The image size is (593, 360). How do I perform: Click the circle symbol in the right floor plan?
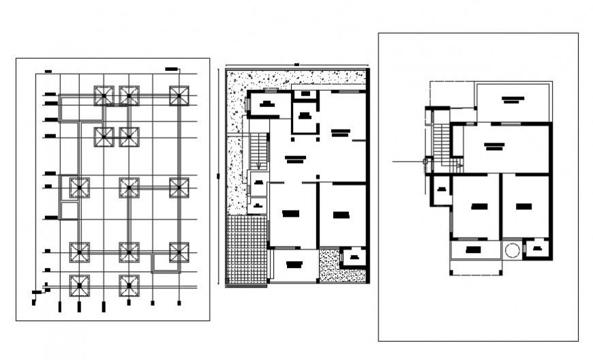pyautogui.click(x=512, y=250)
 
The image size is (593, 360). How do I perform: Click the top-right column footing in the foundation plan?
pyautogui.click(x=179, y=95)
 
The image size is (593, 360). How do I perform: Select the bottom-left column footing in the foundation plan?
pyautogui.click(x=80, y=284)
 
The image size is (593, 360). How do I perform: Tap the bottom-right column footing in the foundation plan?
pyautogui.click(x=179, y=252)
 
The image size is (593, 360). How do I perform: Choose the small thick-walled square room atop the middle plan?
pyautogui.click(x=305, y=117)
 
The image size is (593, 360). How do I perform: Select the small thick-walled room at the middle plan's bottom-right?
pyautogui.click(x=354, y=257)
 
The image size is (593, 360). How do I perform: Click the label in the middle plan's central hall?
pyautogui.click(x=294, y=160)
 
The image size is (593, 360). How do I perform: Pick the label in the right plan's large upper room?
pyautogui.click(x=493, y=145)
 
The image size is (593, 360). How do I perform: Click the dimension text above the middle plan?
pyautogui.click(x=296, y=65)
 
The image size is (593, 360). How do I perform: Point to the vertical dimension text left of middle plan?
pyautogui.click(x=217, y=176)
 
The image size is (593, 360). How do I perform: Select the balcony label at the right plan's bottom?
pyautogui.click(x=474, y=250)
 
